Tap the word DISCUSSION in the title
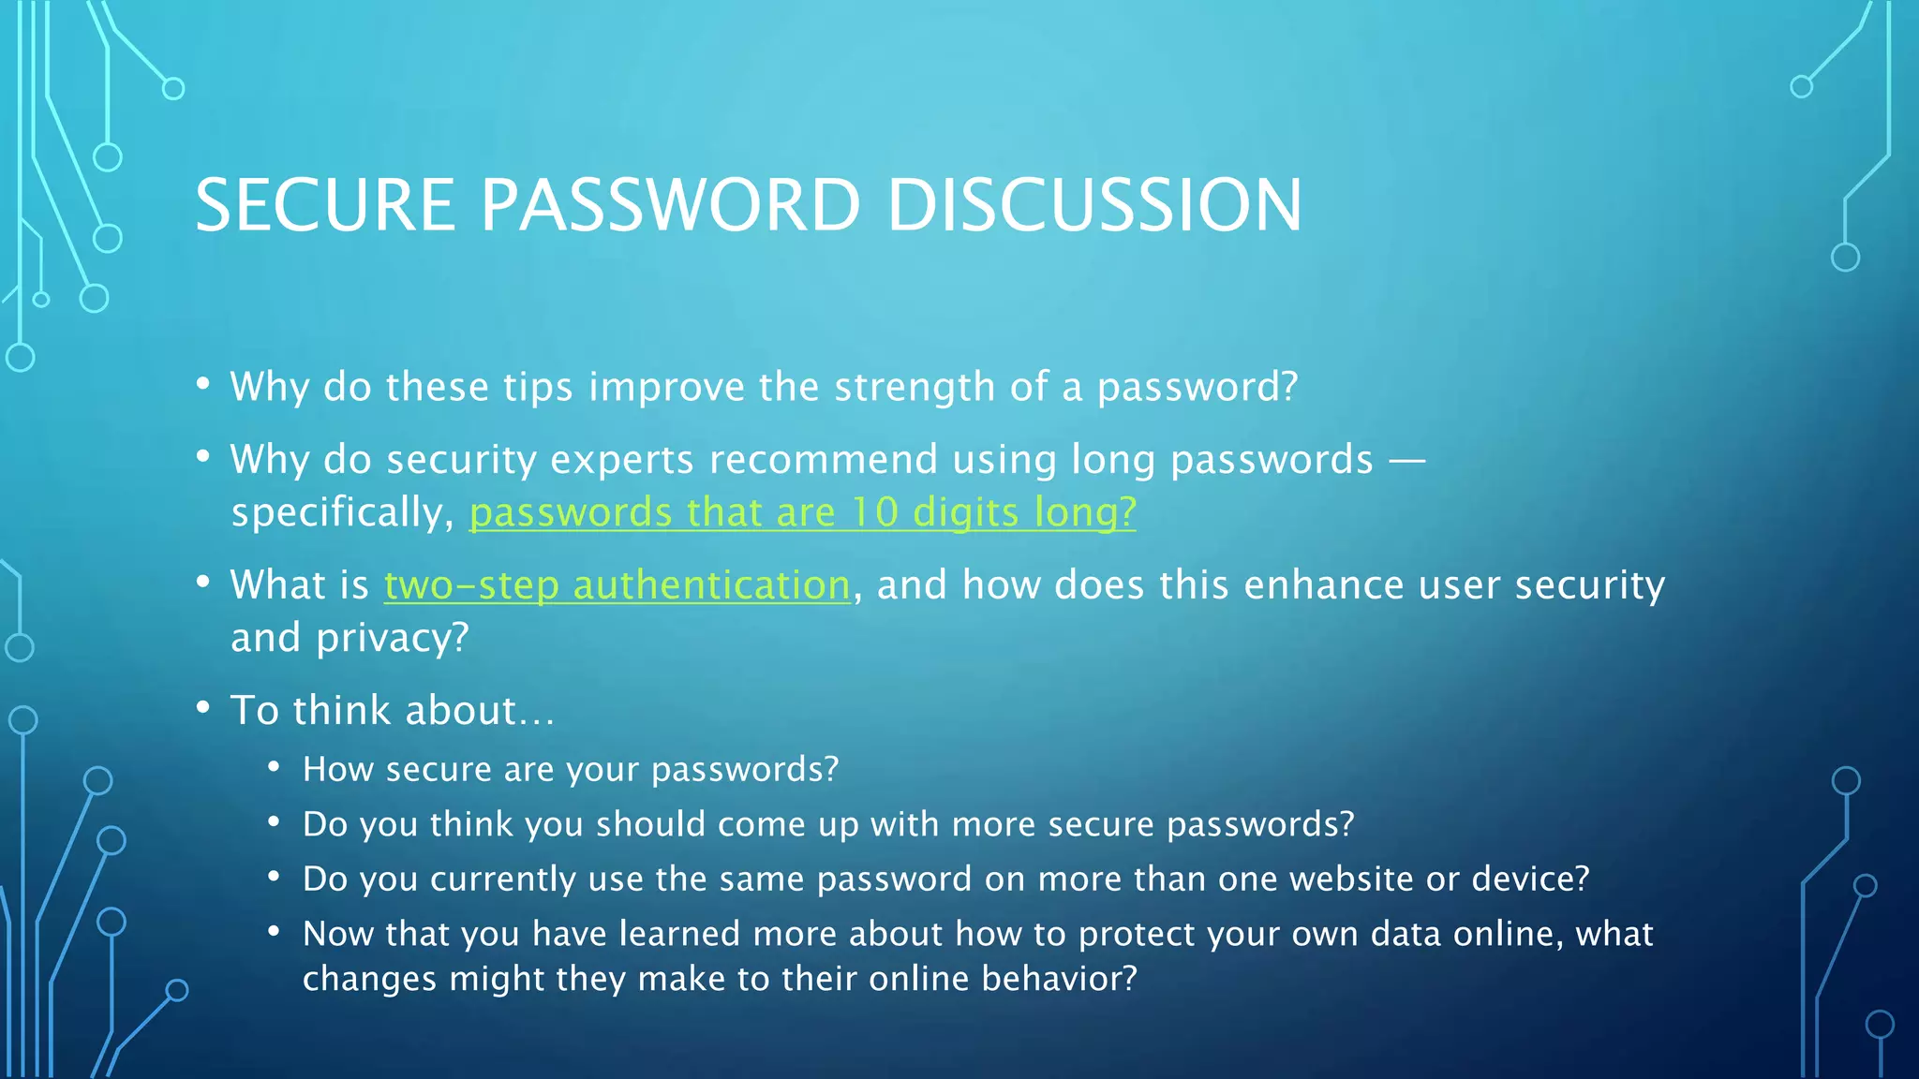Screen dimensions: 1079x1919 [x=1093, y=205]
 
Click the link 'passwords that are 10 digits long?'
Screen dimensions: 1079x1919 [x=802, y=512]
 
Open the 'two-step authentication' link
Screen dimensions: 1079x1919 [x=617, y=585]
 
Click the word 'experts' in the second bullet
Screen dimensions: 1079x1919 [x=621, y=460]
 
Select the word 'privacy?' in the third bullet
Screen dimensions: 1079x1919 [x=392, y=639]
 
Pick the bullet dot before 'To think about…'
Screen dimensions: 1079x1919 [x=203, y=708]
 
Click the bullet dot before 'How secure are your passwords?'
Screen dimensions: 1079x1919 [x=274, y=767]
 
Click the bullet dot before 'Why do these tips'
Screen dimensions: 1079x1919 [x=203, y=384]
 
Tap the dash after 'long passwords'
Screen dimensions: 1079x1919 [x=1406, y=461]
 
